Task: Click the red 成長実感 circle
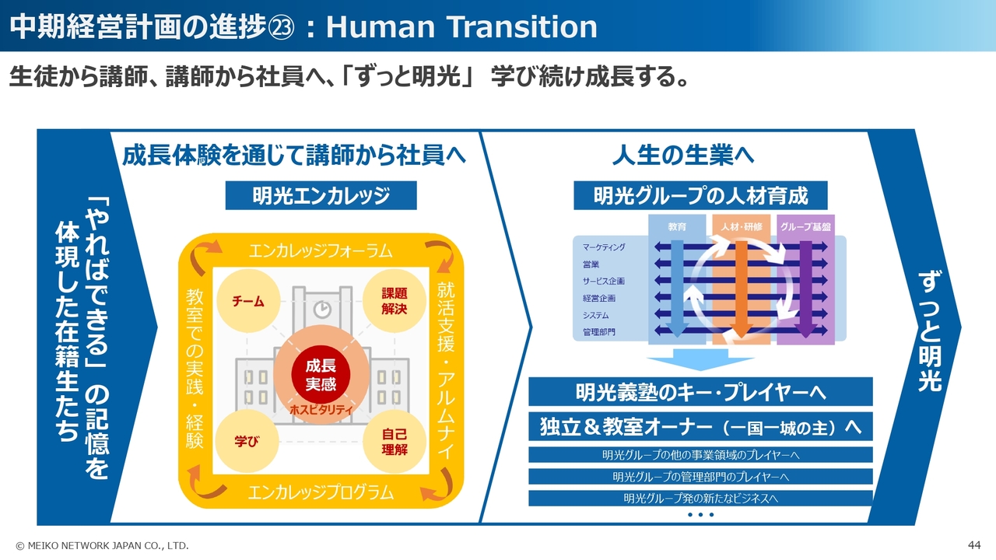click(x=321, y=375)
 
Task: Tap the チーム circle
click(x=248, y=301)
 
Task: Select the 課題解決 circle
click(x=394, y=301)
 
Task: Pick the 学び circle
click(x=247, y=441)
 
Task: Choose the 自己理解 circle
click(x=394, y=441)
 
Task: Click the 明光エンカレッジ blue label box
click(x=321, y=195)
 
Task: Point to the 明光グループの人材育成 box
click(x=700, y=195)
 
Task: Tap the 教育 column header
click(x=677, y=226)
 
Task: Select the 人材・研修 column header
click(x=742, y=226)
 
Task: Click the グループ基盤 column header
click(x=805, y=226)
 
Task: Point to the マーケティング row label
click(x=604, y=247)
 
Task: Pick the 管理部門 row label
click(x=598, y=332)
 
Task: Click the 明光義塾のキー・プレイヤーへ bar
click(x=700, y=391)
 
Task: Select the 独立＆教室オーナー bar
click(x=700, y=427)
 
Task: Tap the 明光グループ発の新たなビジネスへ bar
click(x=700, y=499)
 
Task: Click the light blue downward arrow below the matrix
click(x=700, y=359)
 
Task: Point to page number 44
click(x=974, y=545)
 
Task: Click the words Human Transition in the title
click(x=461, y=26)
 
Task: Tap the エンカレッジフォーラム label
click(x=321, y=251)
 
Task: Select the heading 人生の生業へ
click(x=683, y=155)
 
